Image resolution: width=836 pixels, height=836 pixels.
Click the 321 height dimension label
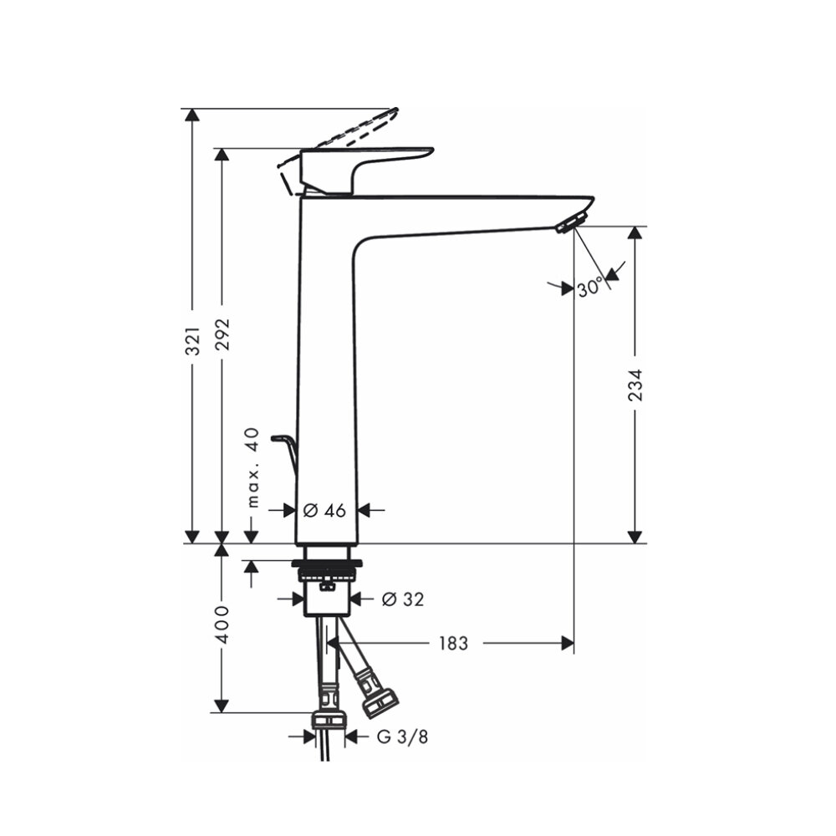[193, 340]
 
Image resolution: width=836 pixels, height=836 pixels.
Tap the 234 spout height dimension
[636, 385]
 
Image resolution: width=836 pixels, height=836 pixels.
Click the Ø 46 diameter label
[324, 510]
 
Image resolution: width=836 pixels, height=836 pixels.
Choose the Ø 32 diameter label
[402, 599]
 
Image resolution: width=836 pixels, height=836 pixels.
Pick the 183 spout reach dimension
[451, 643]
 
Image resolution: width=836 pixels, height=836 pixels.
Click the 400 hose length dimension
[222, 625]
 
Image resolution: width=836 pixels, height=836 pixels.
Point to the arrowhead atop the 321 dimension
[193, 115]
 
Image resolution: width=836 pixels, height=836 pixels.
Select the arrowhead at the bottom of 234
[636, 537]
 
